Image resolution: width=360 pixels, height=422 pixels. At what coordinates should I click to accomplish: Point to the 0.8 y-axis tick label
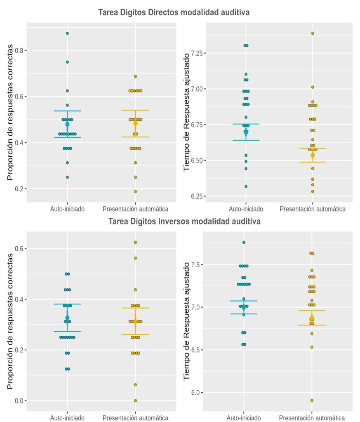[x=19, y=50]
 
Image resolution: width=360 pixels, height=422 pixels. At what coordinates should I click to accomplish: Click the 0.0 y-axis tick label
[x=19, y=401]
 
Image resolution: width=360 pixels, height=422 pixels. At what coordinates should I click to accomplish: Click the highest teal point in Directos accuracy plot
[x=67, y=33]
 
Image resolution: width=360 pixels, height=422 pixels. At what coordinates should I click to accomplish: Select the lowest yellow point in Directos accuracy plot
[x=135, y=191]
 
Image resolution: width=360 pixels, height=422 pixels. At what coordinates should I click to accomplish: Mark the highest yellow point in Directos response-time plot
[x=313, y=33]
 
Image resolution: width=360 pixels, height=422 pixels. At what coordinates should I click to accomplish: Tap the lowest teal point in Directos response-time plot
[x=246, y=186]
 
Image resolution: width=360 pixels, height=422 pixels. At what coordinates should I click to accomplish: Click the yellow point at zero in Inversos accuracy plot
[x=135, y=401]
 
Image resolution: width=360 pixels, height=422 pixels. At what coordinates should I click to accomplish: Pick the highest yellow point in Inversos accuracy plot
[x=135, y=242]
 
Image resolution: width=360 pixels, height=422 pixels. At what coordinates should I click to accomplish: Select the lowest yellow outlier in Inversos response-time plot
[x=312, y=401]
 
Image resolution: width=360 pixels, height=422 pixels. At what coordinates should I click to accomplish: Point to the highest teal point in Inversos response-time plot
[x=244, y=242]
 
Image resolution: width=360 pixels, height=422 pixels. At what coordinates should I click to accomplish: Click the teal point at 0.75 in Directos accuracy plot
[x=67, y=62]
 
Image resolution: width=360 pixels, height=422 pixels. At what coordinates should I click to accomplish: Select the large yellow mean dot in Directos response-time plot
[x=313, y=155]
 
